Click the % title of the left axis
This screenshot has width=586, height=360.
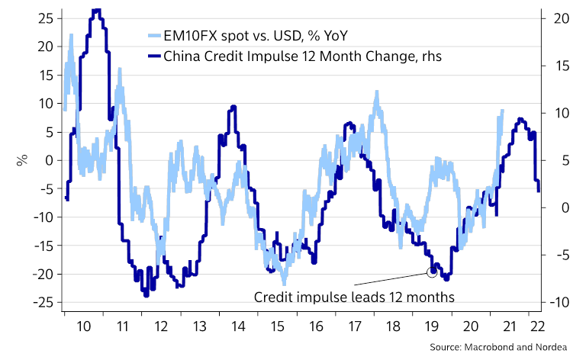pos(22,160)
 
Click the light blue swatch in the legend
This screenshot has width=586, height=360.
pos(155,35)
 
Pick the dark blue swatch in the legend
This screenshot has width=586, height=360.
pos(155,56)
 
